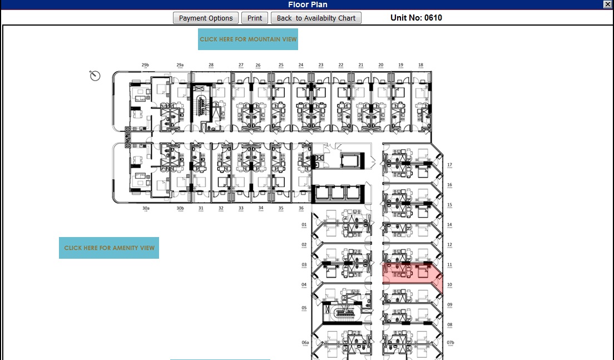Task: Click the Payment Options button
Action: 206,18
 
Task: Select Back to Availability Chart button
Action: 316,18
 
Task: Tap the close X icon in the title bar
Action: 607,4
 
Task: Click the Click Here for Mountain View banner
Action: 248,40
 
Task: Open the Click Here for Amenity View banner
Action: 109,248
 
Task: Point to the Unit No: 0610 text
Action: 417,18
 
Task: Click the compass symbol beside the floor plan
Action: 95,76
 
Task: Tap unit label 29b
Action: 145,65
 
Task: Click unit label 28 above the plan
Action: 211,65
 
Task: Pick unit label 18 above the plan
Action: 420,65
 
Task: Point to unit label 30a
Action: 146,209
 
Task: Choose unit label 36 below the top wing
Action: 301,209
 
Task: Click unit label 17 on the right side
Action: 449,165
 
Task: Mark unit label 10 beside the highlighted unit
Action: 449,285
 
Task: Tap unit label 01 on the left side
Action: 304,225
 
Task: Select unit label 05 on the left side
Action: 304,308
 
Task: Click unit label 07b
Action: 450,342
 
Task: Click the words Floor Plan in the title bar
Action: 307,4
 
